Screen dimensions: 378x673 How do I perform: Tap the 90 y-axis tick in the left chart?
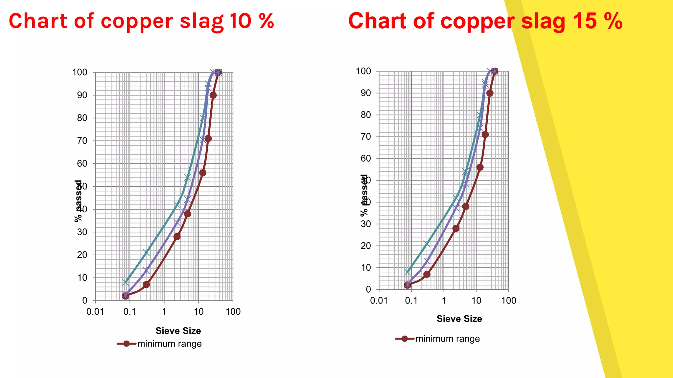82,95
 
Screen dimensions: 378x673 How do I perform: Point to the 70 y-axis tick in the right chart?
366,136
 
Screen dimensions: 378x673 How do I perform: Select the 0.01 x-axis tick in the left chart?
95,312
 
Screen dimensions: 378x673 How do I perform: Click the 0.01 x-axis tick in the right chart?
379,301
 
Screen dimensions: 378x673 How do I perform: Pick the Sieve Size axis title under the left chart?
178,331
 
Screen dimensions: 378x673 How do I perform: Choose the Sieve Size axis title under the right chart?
459,319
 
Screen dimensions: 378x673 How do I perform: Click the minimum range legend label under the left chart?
169,344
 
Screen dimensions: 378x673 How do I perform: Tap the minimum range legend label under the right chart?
448,339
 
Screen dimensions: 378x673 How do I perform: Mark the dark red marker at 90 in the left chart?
213,95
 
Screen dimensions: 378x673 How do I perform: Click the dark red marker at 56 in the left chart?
203,173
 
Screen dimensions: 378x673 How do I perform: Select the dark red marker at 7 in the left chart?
146,284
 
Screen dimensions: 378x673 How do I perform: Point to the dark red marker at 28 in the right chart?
456,228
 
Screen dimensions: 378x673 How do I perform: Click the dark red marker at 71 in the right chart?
485,135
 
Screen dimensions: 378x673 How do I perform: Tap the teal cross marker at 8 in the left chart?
125,282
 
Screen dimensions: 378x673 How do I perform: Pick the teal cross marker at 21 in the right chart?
427,244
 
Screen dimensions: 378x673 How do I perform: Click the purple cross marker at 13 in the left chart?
146,271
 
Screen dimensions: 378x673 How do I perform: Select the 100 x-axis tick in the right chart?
508,301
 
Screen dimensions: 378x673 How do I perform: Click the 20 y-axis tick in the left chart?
82,255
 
